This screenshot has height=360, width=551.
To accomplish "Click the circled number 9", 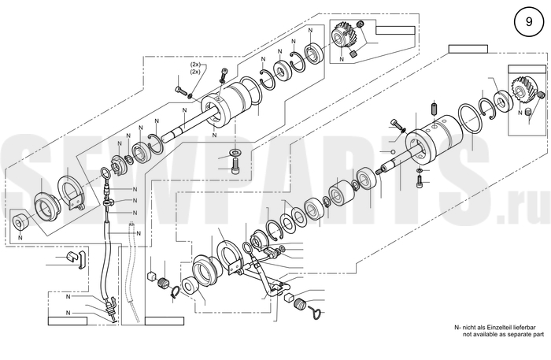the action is tap(528, 22).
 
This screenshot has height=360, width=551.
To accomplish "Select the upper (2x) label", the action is tap(195, 65).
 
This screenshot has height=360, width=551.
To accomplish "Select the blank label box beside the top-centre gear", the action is tap(395, 30).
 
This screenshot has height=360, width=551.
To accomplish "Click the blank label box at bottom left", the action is tap(68, 321).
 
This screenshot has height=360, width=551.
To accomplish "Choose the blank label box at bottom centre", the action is tap(165, 321).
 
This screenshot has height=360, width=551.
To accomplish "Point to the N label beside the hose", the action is tap(139, 233).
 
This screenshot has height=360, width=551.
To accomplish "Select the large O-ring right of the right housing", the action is tap(469, 119).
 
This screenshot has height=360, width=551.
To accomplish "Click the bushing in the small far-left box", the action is tap(19, 221).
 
